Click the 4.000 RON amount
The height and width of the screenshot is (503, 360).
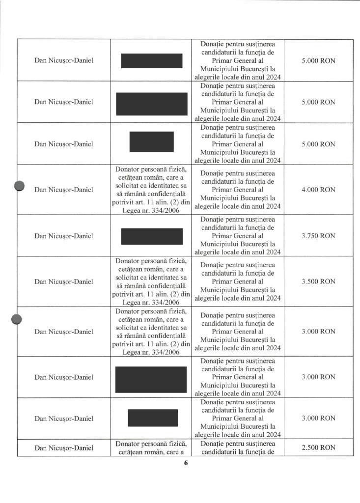(318, 190)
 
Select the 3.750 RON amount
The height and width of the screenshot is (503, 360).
(318, 236)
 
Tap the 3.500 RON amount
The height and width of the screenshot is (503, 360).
(318, 281)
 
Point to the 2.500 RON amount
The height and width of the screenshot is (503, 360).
(318, 447)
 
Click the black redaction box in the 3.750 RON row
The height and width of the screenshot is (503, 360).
(152, 236)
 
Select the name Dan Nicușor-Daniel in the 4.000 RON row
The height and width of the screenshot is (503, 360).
(64, 190)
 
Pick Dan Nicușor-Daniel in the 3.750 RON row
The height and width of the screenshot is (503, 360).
(64, 236)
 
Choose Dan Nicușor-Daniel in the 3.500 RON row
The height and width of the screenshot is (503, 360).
(64, 281)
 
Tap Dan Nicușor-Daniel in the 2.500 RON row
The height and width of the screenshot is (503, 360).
(64, 447)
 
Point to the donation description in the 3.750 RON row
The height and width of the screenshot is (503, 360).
(238, 236)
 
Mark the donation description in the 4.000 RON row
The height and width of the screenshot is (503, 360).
(238, 190)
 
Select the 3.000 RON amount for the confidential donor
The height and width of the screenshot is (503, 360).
(318, 332)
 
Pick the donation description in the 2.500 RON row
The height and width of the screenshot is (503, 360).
(238, 447)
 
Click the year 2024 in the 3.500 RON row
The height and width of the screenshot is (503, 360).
(272, 298)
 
